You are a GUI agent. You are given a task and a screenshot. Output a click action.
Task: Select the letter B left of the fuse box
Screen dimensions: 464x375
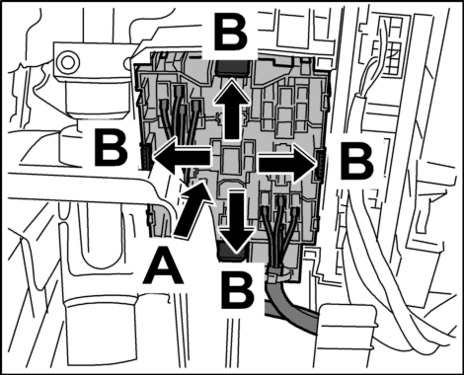(x=111, y=148)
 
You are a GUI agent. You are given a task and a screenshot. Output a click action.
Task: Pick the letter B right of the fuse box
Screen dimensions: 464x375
(x=356, y=162)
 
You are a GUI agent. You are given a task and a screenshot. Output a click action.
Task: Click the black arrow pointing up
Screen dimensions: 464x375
(x=232, y=109)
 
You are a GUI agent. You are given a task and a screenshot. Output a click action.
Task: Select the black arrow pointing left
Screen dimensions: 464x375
(x=182, y=157)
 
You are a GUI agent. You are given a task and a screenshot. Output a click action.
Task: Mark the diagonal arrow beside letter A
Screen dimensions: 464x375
(x=192, y=209)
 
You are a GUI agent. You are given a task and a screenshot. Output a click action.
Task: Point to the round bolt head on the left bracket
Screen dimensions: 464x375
(x=67, y=60)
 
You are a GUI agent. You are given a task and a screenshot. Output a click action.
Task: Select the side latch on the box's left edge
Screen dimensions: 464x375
(x=145, y=152)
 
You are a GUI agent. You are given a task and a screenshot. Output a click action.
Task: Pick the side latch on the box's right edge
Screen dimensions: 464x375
(x=320, y=165)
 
